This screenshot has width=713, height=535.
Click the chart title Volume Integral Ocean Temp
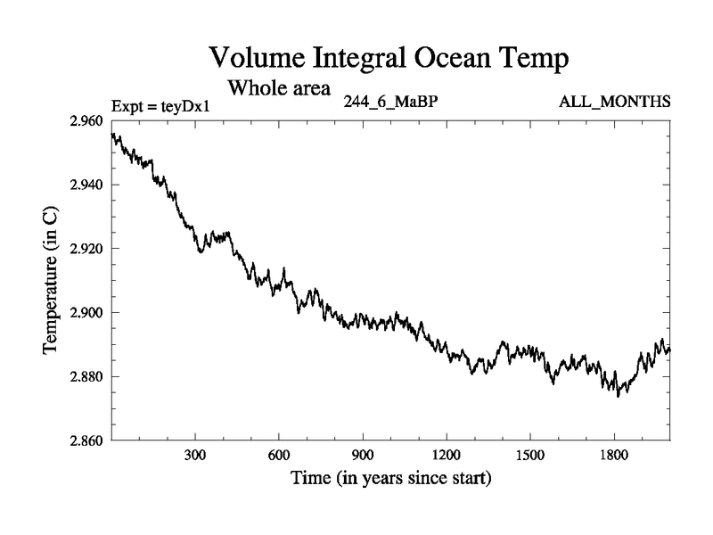pyautogui.click(x=388, y=59)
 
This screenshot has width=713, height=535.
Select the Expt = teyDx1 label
pyautogui.click(x=160, y=106)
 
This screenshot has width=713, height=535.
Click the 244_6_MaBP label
pyautogui.click(x=389, y=102)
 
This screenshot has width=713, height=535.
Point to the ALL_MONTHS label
pyautogui.click(x=615, y=102)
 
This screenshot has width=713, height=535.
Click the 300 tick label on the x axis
pyautogui.click(x=195, y=454)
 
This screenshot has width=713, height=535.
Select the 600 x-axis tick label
pyautogui.click(x=279, y=454)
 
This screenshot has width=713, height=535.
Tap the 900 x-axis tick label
pyautogui.click(x=363, y=454)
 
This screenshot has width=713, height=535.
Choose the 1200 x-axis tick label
pyautogui.click(x=447, y=454)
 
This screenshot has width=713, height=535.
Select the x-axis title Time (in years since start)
pyautogui.click(x=390, y=478)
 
